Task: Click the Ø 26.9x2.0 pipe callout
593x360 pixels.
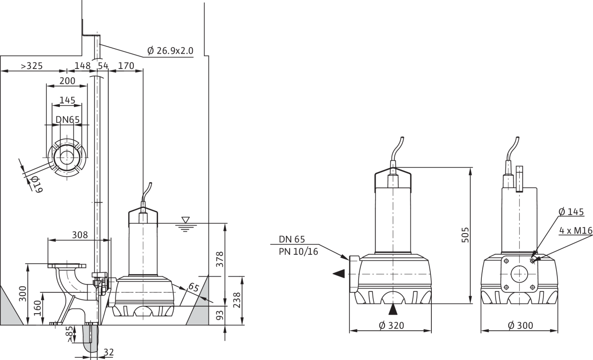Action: click(170, 51)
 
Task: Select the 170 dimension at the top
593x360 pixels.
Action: click(126, 66)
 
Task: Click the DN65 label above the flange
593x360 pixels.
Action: click(68, 120)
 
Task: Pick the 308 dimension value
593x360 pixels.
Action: click(80, 235)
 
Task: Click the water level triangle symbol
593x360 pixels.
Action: click(185, 219)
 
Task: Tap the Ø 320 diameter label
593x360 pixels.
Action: click(391, 326)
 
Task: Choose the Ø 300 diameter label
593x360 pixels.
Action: click(520, 326)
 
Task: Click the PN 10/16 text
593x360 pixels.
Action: click(298, 252)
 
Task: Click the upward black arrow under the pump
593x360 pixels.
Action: click(393, 309)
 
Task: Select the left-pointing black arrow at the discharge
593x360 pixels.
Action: click(339, 273)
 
